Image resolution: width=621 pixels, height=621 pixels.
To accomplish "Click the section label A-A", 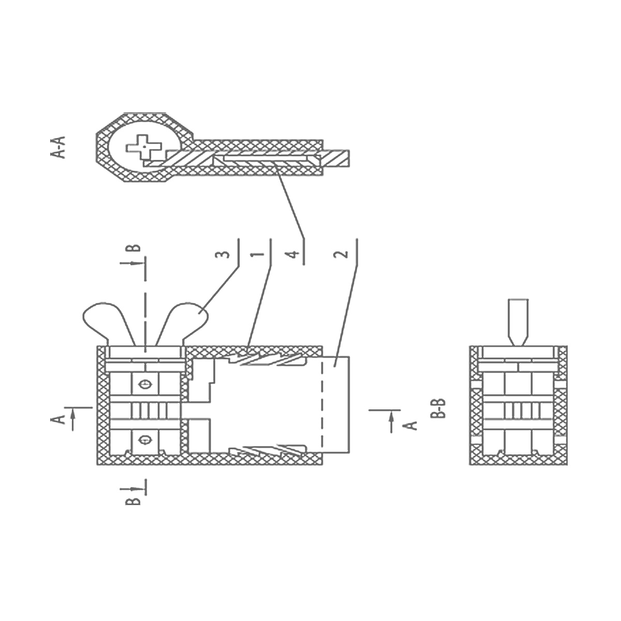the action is (x=58, y=147).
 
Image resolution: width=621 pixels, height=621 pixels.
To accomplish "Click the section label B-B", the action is (x=438, y=409).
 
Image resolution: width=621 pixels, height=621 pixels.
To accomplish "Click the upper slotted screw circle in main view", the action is (x=145, y=384).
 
